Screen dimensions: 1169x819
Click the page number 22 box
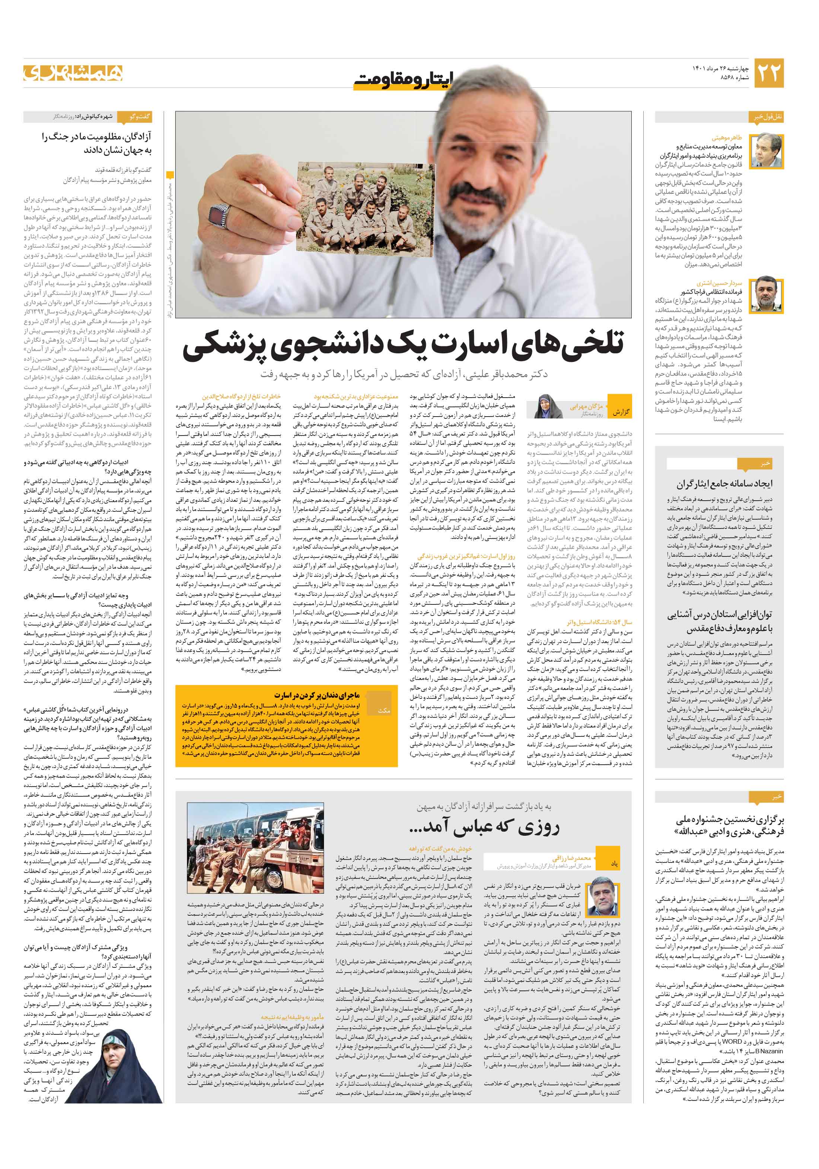768,73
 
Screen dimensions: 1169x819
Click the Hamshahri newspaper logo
73,73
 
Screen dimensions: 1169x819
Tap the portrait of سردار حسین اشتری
768,294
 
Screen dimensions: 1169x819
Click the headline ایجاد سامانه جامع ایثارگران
724,483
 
